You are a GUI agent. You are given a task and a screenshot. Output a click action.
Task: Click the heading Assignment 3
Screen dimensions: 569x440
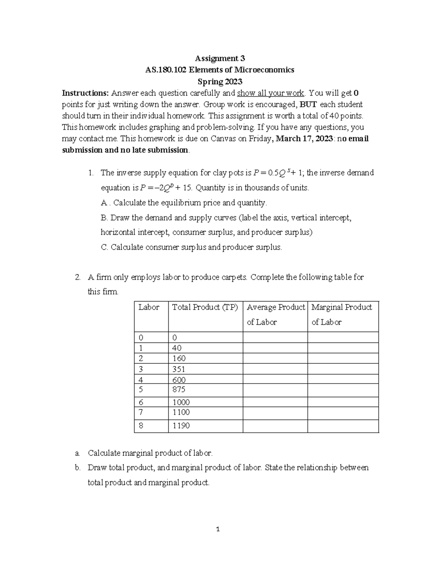220,58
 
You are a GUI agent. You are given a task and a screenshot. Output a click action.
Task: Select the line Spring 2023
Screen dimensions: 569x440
220,81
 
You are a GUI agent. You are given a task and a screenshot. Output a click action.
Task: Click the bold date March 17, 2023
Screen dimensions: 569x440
304,138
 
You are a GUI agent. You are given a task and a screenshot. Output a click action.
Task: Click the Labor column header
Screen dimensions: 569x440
149,307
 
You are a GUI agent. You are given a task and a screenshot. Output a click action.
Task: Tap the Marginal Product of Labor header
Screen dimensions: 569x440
342,314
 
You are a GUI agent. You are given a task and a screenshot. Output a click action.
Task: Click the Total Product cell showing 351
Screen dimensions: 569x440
179,369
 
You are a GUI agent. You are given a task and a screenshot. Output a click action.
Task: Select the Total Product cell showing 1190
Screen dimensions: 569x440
181,426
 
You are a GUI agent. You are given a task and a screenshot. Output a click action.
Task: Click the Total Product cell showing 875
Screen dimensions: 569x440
179,389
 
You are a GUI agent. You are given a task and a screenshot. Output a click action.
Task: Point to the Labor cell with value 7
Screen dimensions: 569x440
141,412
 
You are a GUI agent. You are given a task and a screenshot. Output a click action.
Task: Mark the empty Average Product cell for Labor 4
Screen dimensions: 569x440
275,379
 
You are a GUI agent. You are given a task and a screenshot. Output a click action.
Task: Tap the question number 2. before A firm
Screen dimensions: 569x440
77,277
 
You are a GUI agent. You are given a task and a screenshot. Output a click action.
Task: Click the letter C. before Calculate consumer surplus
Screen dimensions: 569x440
104,247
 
